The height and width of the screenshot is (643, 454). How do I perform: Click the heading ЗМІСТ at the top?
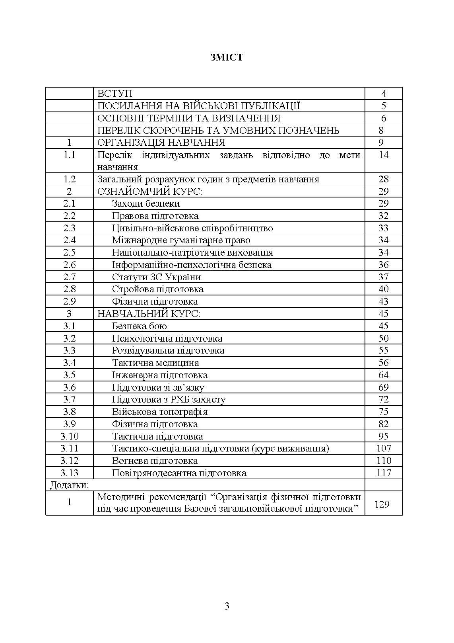pyautogui.click(x=227, y=57)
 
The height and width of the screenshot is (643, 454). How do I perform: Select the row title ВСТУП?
pyautogui.click(x=115, y=94)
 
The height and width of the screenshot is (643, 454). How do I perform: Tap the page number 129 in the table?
pyautogui.click(x=382, y=504)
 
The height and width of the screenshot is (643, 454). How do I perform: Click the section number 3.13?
pyautogui.click(x=69, y=473)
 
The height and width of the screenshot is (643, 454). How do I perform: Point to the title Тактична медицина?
pyautogui.click(x=155, y=363)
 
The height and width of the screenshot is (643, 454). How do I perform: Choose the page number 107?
pyautogui.click(x=384, y=448)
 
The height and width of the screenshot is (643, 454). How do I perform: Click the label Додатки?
pyautogui.click(x=69, y=485)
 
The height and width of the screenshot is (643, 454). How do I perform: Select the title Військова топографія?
pyautogui.click(x=160, y=412)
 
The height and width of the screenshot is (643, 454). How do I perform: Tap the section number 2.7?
pyautogui.click(x=69, y=277)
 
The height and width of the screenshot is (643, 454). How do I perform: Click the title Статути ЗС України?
pyautogui.click(x=157, y=277)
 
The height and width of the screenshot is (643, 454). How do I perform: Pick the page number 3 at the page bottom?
pyautogui.click(x=227, y=606)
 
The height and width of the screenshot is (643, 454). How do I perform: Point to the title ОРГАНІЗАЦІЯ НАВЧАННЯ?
pyautogui.click(x=161, y=143)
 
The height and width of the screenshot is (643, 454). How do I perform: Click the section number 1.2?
pyautogui.click(x=69, y=179)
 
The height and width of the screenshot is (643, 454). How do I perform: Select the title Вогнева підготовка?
pyautogui.click(x=155, y=461)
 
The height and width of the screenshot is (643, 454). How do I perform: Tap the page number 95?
pyautogui.click(x=384, y=436)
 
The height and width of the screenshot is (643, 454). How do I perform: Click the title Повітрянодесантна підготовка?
pyautogui.click(x=179, y=473)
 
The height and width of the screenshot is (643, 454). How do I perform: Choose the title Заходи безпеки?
pyautogui.click(x=146, y=203)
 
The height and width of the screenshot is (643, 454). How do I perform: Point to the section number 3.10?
pyautogui.click(x=69, y=436)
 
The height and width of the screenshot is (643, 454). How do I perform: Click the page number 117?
pyautogui.click(x=384, y=473)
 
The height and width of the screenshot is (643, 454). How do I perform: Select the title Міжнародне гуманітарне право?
pyautogui.click(x=181, y=240)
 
